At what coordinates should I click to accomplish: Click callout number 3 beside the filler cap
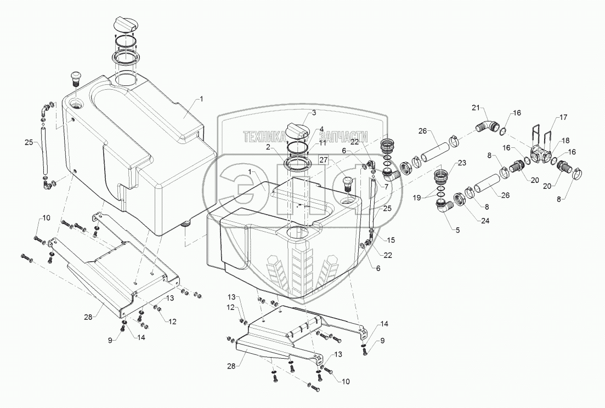[x=314, y=113]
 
